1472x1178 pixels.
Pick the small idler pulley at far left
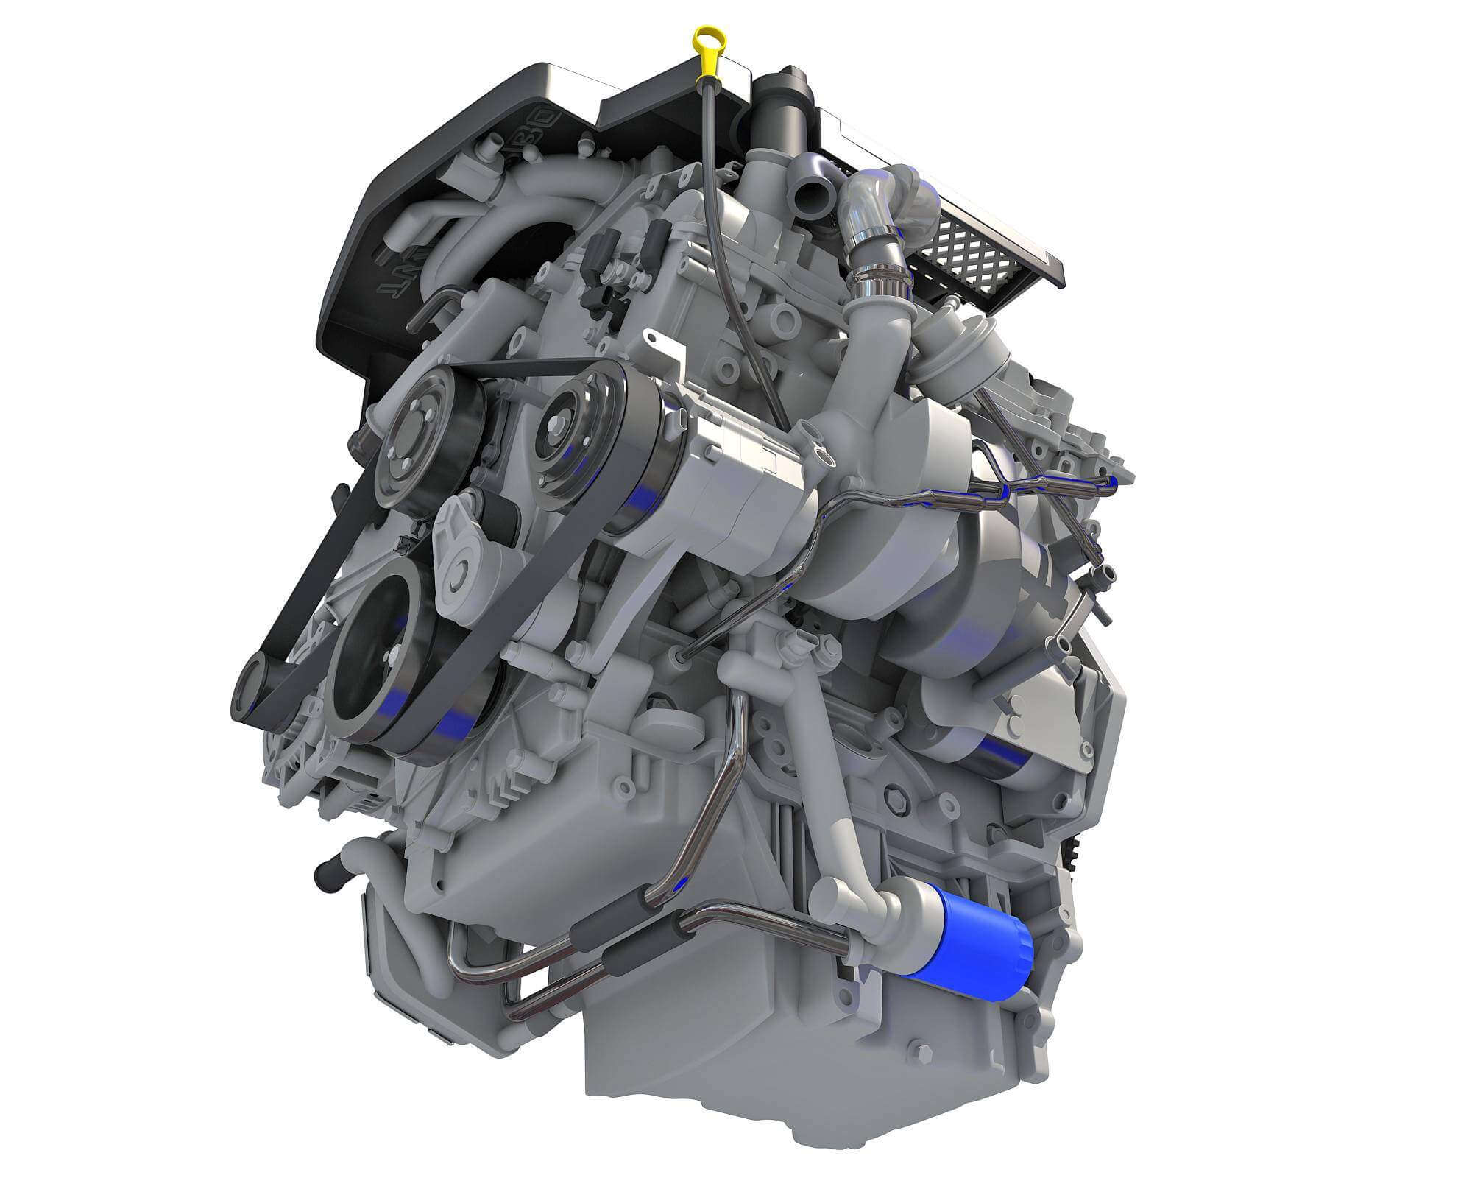click(x=248, y=688)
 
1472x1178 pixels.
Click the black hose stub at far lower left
click(x=324, y=876)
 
